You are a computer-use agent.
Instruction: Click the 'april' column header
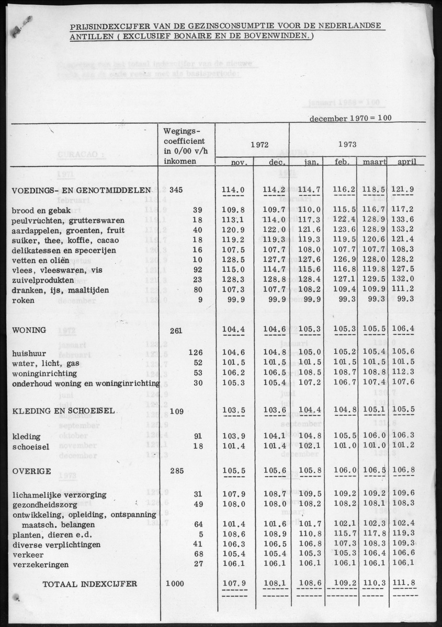(x=407, y=162)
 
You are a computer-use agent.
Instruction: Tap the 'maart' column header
(x=372, y=162)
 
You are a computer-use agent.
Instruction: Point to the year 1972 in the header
(x=252, y=143)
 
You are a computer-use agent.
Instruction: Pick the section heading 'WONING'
(x=29, y=330)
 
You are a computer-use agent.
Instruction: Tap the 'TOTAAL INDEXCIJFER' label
(x=90, y=584)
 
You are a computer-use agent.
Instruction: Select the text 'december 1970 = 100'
(x=350, y=119)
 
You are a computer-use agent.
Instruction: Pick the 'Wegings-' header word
(x=182, y=131)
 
